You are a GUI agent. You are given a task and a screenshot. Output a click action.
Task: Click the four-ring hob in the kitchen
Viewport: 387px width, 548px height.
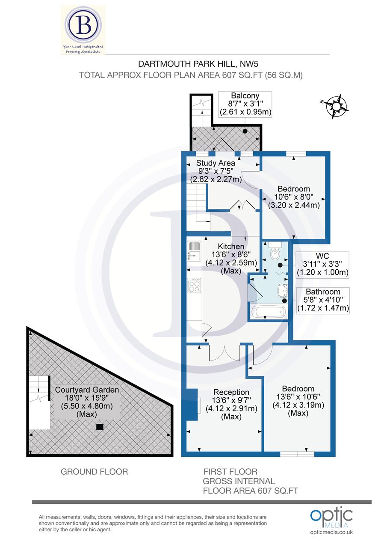point(194,286)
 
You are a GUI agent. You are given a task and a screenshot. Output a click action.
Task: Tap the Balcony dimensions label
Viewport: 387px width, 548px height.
point(245,104)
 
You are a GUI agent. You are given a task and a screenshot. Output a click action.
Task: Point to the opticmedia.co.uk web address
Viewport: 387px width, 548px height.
point(331,532)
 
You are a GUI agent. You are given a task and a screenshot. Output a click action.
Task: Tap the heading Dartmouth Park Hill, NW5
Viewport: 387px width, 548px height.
point(191,64)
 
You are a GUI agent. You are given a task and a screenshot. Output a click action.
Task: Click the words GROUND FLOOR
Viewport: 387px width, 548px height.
point(94,472)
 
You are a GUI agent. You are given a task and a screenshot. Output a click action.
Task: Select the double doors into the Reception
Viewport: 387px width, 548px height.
point(225,352)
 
